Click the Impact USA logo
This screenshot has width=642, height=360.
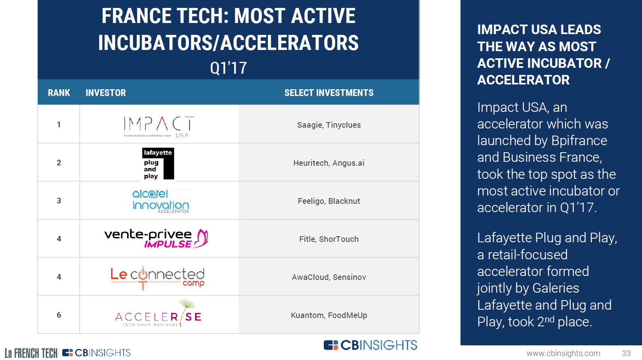pyautogui.click(x=159, y=127)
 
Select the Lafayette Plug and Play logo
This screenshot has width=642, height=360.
pyautogui.click(x=158, y=164)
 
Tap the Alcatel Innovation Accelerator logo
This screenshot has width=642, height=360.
pyautogui.click(x=160, y=201)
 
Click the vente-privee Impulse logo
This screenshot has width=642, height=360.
pyautogui.click(x=156, y=238)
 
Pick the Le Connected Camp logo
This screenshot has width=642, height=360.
pyautogui.click(x=158, y=278)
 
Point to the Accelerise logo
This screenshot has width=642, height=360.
pyautogui.click(x=158, y=314)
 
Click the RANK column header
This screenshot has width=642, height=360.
pyautogui.click(x=59, y=93)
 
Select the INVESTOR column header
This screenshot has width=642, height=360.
pyautogui.click(x=106, y=93)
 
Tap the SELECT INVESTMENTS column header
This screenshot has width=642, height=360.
pyautogui.click(x=329, y=93)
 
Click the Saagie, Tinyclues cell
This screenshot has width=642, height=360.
pyautogui.click(x=329, y=125)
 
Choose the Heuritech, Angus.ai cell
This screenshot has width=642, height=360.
pyautogui.click(x=329, y=163)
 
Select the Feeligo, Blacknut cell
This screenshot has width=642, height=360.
pyautogui.click(x=329, y=201)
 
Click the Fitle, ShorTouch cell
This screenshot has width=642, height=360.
pyautogui.click(x=329, y=239)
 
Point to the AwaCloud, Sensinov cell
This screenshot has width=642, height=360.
pyautogui.click(x=329, y=277)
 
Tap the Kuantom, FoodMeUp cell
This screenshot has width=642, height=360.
pyautogui.click(x=329, y=315)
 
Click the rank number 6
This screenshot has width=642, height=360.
pyautogui.click(x=59, y=315)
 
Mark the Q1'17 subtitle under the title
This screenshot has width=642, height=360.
pyautogui.click(x=228, y=68)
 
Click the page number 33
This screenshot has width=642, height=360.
pyautogui.click(x=626, y=353)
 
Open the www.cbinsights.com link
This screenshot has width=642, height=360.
pyautogui.click(x=563, y=353)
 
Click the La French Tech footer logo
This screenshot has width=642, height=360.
pyautogui.click(x=31, y=353)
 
